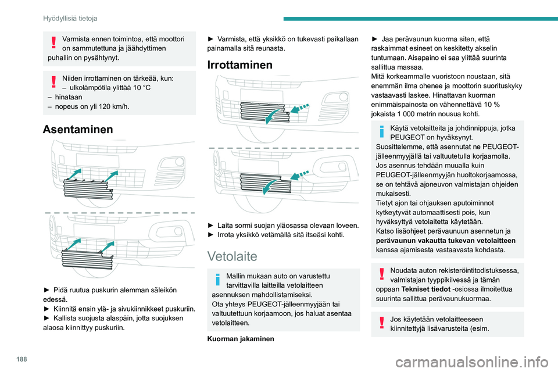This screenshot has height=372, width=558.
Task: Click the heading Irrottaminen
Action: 239,65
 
